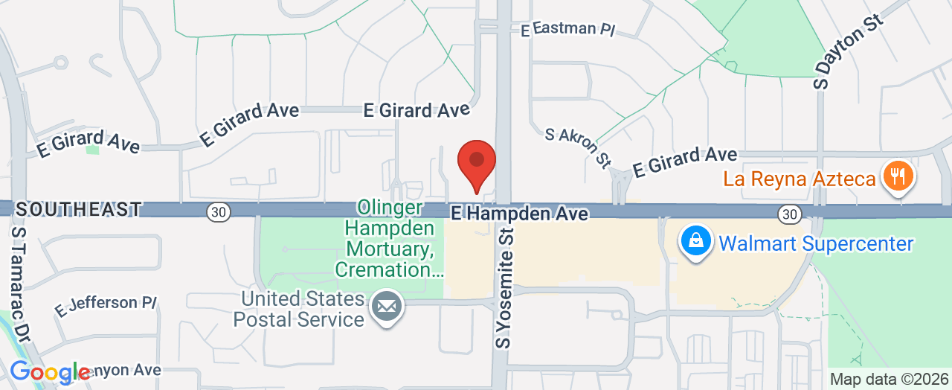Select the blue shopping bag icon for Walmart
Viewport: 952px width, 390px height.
click(x=695, y=242)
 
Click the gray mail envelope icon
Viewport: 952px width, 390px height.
click(x=387, y=306)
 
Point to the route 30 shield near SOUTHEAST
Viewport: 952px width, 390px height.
click(x=218, y=212)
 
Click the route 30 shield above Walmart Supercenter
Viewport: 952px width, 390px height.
click(x=789, y=214)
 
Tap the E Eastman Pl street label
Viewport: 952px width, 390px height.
click(x=568, y=29)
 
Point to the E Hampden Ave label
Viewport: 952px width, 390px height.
click(x=520, y=214)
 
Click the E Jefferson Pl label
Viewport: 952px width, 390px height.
click(x=106, y=305)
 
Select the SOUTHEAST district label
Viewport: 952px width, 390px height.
click(x=78, y=209)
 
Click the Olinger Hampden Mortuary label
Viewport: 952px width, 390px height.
click(x=389, y=238)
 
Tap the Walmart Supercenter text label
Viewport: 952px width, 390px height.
click(x=815, y=243)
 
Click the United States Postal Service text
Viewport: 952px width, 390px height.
click(x=299, y=310)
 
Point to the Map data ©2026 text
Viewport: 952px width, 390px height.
click(x=889, y=379)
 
